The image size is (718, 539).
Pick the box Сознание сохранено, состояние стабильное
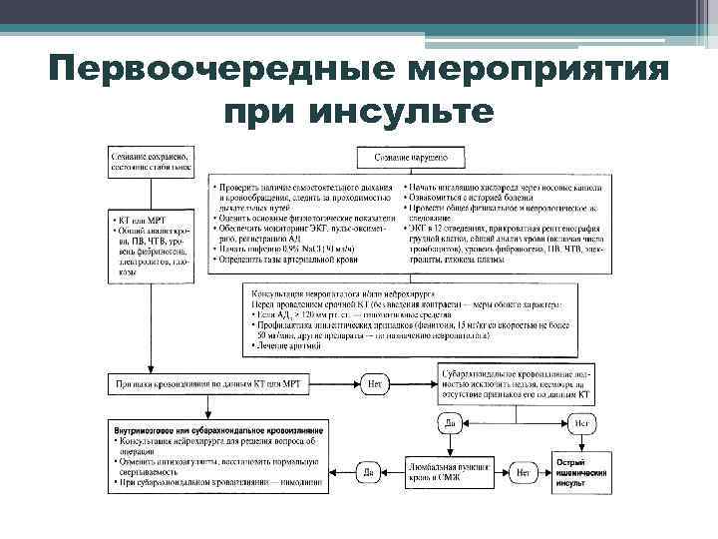[x=155, y=165]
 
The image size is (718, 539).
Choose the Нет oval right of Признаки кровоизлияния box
[x=375, y=382]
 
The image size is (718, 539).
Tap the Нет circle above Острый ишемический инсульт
[x=584, y=423]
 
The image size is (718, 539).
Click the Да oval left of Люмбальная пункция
[x=368, y=469]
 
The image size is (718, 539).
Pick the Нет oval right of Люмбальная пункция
[x=522, y=469]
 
